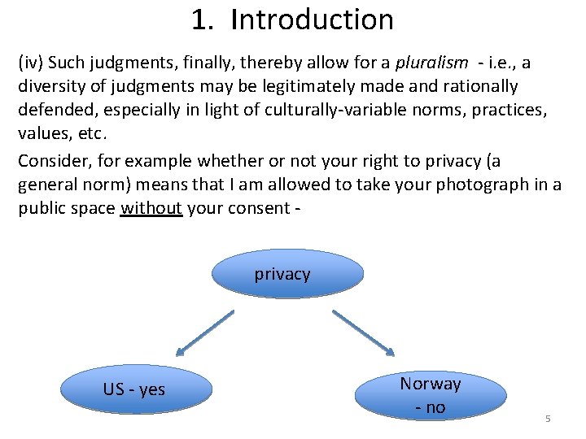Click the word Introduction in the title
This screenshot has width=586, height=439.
(x=312, y=20)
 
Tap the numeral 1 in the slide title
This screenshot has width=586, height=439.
(x=199, y=20)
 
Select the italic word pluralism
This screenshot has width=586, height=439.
(x=431, y=63)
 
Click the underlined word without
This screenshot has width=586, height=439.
(x=151, y=208)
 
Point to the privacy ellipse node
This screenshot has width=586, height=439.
(x=288, y=275)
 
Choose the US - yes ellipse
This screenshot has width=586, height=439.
(x=136, y=389)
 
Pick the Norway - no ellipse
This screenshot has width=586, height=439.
(x=431, y=395)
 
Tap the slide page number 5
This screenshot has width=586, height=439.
(x=548, y=419)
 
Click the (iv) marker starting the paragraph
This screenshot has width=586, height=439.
(x=30, y=63)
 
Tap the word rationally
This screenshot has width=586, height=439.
(x=479, y=86)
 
